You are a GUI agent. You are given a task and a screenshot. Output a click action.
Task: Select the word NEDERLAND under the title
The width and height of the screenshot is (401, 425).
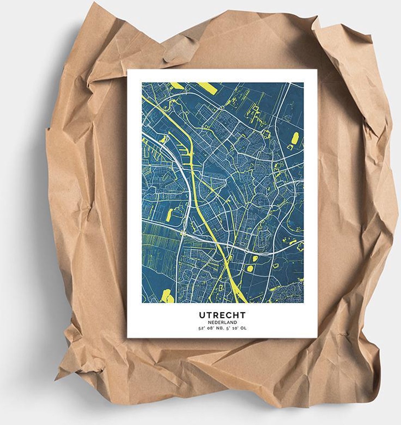click(x=222, y=322)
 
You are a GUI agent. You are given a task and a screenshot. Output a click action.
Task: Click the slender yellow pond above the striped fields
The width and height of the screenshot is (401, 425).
click(x=170, y=214)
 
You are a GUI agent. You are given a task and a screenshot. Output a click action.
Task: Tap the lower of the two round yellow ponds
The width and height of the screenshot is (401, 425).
click(x=249, y=269)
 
